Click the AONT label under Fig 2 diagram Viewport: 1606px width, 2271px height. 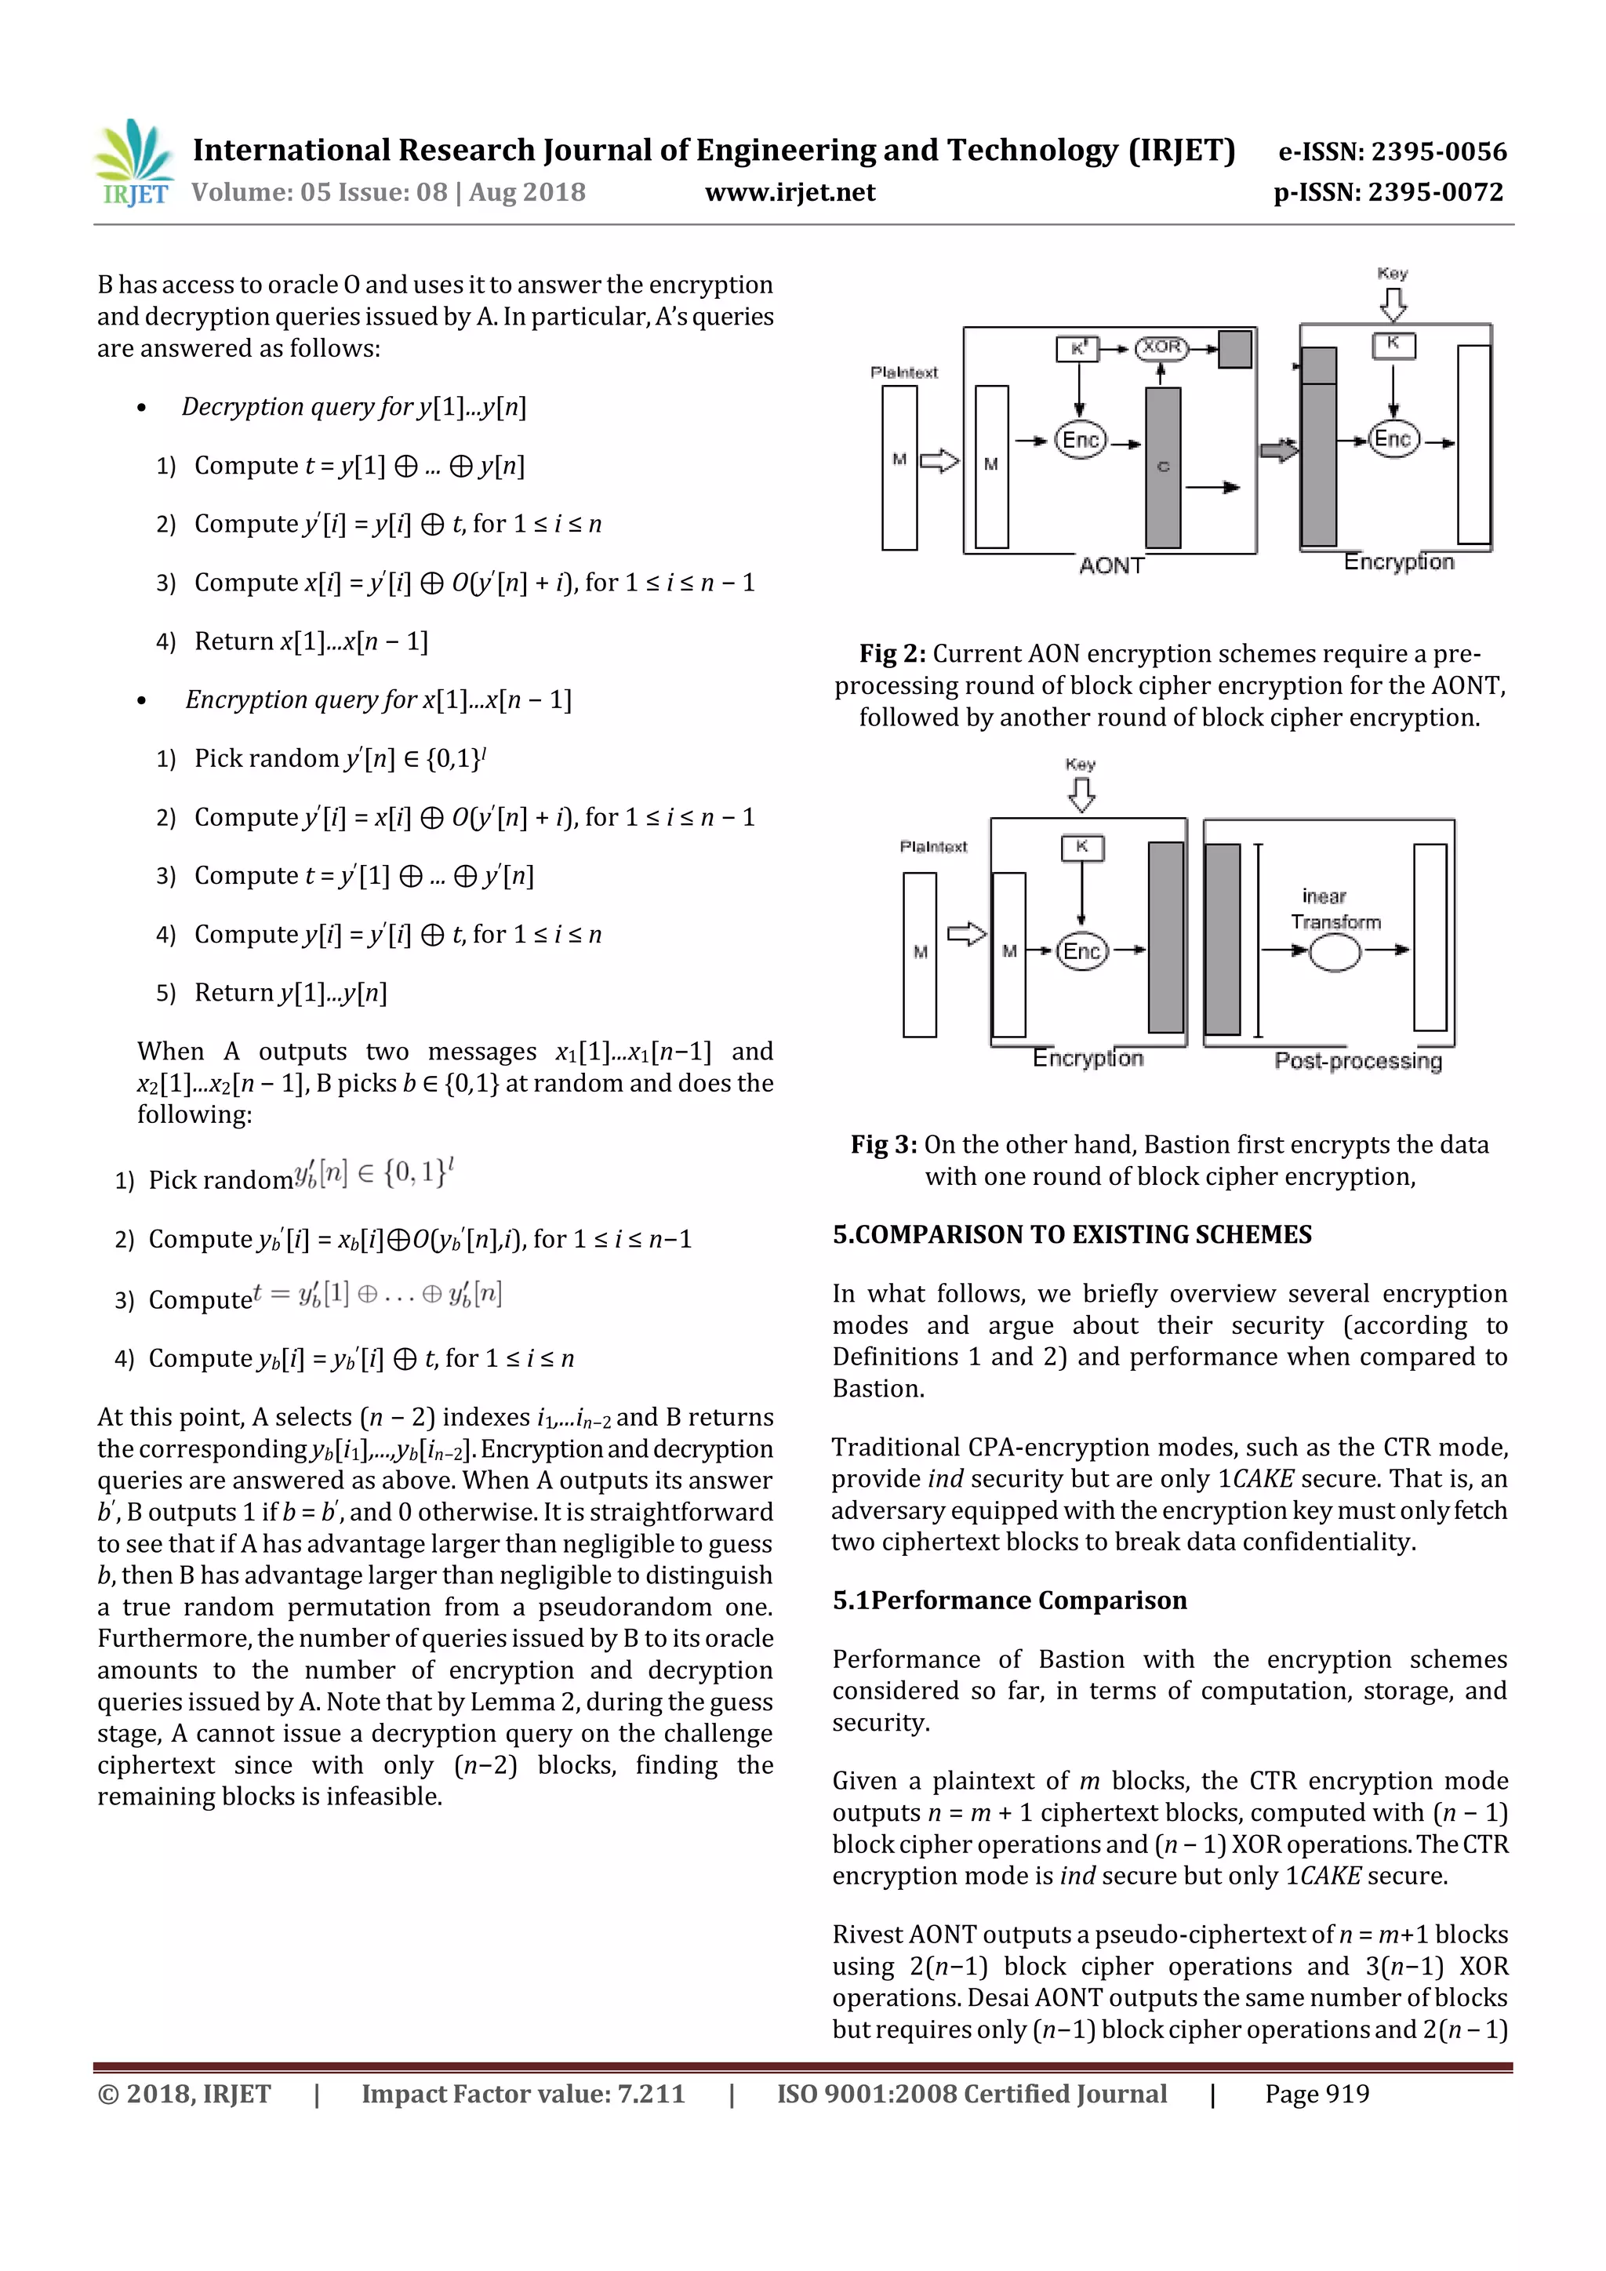1110,565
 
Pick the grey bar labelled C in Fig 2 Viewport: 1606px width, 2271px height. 1163,467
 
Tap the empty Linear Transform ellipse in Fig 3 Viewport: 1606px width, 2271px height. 1334,954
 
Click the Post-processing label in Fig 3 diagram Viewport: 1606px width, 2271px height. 1357,1060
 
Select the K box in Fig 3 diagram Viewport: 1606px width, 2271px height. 1082,847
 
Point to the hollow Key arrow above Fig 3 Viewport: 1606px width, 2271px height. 1082,794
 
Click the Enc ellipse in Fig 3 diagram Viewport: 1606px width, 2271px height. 1082,951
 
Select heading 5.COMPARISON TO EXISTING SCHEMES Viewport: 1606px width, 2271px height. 1072,1234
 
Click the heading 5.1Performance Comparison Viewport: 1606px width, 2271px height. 1008,1601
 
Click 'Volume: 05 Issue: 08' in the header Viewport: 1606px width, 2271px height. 318,192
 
